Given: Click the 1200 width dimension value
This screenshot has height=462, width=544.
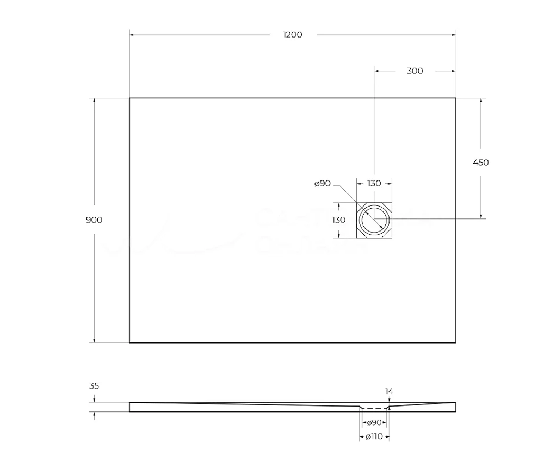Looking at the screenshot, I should tap(292, 35).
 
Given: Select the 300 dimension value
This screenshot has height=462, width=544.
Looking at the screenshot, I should tap(415, 71).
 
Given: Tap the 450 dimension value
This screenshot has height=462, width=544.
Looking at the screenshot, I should tap(481, 163).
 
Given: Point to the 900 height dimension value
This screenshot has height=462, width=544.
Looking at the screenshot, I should tap(94, 220).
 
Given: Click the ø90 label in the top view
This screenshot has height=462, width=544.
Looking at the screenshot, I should tap(323, 184).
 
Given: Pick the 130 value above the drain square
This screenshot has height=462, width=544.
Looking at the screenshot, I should tap(374, 184).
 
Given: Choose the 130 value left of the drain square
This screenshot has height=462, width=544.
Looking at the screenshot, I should tap(338, 220).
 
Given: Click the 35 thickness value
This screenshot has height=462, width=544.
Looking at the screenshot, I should tap(94, 386).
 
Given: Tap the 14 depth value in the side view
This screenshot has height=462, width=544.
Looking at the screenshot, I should tap(389, 391).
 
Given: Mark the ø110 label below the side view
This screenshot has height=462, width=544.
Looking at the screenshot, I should tap(374, 436).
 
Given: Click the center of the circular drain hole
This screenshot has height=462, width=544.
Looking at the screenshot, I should tap(374, 219).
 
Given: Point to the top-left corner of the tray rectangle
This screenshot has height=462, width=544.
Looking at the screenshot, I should tap(129, 98).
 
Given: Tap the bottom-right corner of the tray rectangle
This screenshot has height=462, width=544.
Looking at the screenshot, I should tap(456, 342).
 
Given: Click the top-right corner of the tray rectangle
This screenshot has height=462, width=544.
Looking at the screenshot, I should tap(456, 98).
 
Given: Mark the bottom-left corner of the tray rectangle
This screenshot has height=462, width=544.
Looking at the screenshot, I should tap(129, 342).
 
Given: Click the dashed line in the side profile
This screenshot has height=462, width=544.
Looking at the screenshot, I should tap(374, 408).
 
